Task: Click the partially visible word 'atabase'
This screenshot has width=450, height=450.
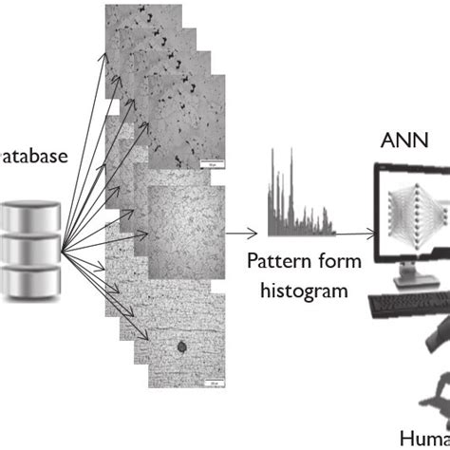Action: click(34, 154)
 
